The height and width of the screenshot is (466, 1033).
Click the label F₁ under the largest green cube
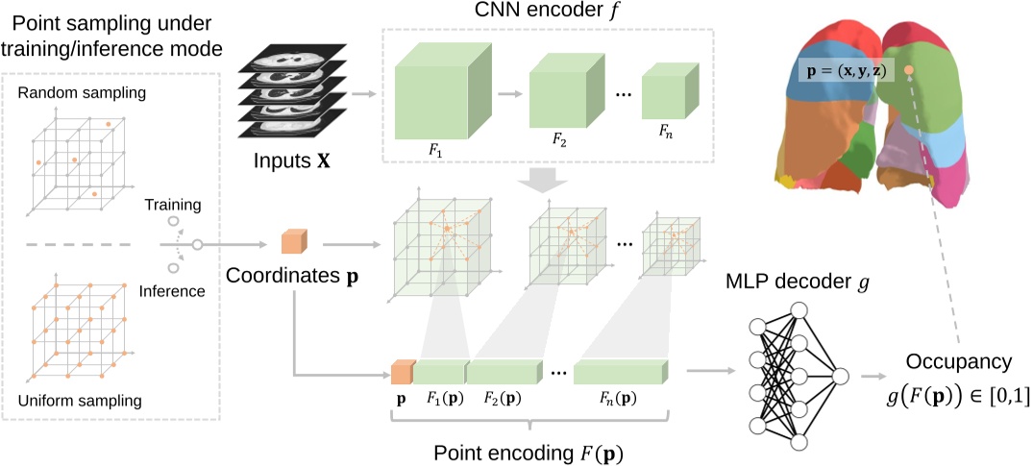(x=433, y=151)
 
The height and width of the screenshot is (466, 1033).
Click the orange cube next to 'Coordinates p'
(x=292, y=246)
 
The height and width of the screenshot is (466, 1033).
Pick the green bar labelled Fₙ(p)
(x=619, y=370)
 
